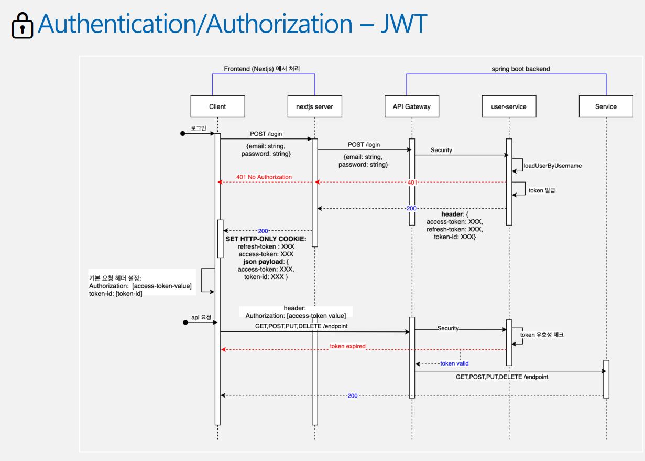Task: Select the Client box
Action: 217,106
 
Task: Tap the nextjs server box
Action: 314,106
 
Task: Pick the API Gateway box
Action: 411,106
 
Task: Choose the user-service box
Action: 508,106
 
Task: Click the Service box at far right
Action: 606,106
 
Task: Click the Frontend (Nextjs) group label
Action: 262,69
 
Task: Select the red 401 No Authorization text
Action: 264,177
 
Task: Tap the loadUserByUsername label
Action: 552,166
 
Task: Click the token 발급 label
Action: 541,190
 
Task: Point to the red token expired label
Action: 347,346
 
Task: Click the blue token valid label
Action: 455,363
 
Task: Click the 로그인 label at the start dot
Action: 198,127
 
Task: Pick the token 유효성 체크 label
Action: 541,335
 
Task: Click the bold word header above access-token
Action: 452,215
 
